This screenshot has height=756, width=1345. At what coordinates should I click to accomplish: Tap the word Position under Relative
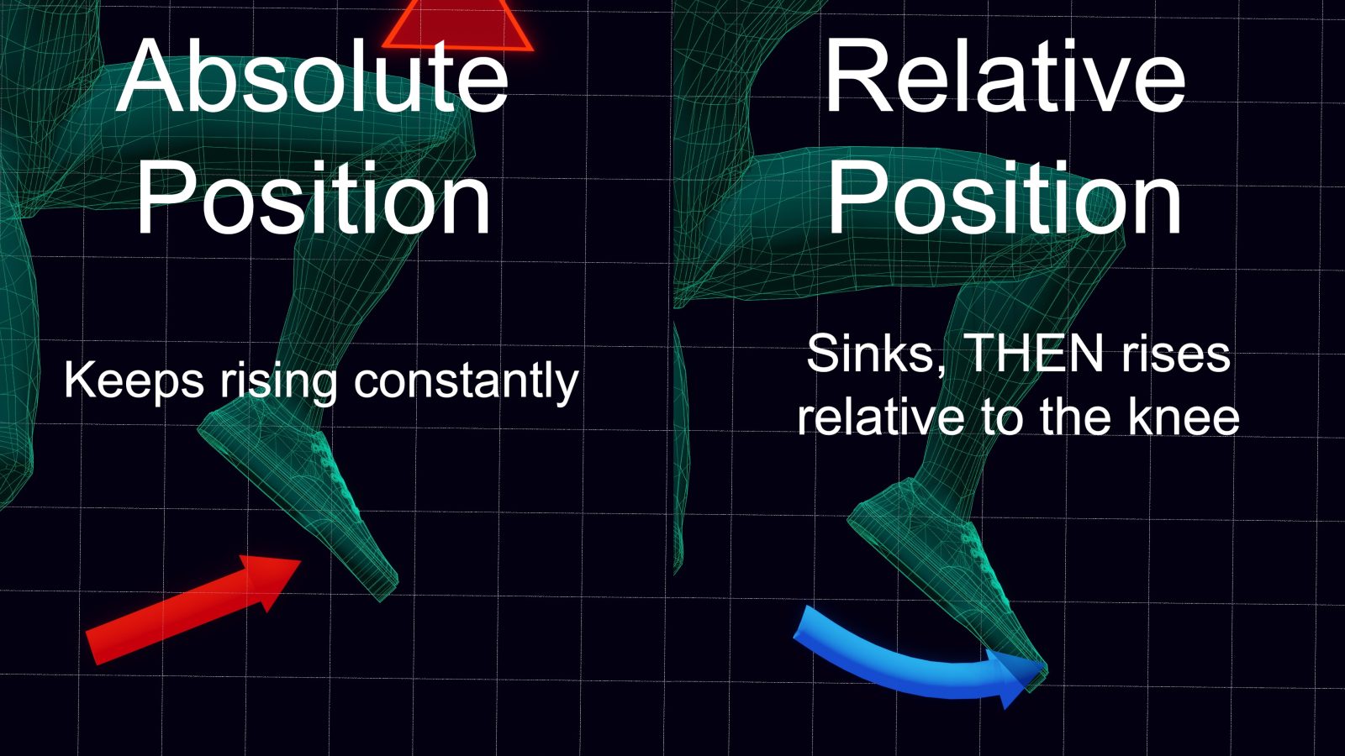(x=1005, y=198)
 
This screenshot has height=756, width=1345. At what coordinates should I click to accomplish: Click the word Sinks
(x=872, y=354)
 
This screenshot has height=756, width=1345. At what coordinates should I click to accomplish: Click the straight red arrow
(x=193, y=610)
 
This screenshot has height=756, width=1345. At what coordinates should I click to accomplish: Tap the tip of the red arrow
(x=301, y=561)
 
